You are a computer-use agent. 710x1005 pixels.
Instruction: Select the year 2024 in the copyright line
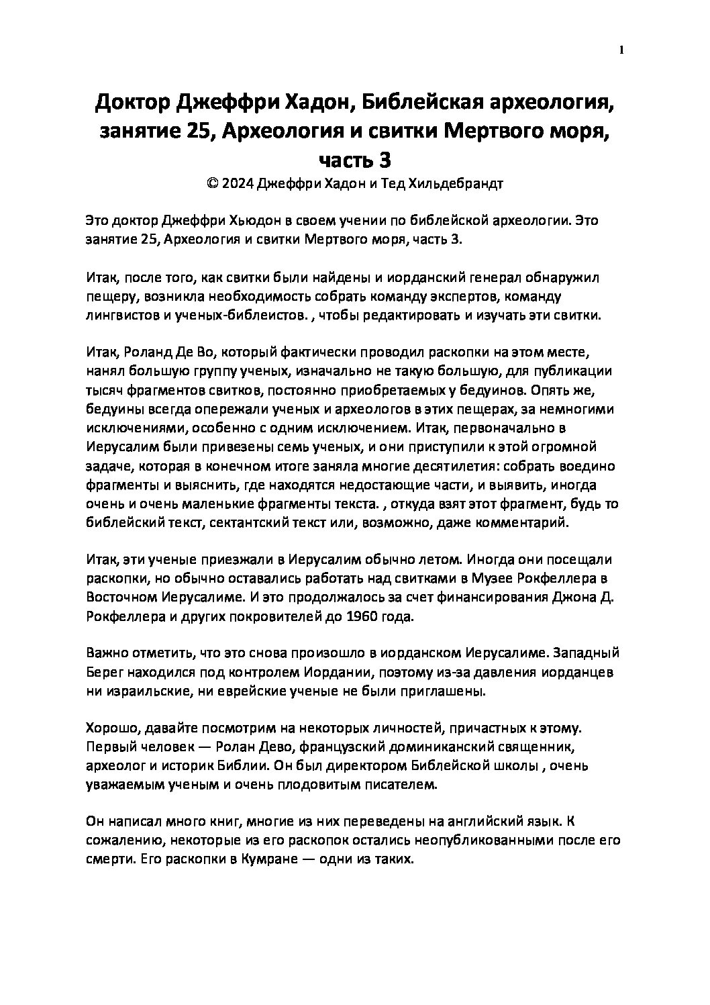(x=240, y=185)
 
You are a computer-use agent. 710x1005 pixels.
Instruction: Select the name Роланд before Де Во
(x=151, y=351)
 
